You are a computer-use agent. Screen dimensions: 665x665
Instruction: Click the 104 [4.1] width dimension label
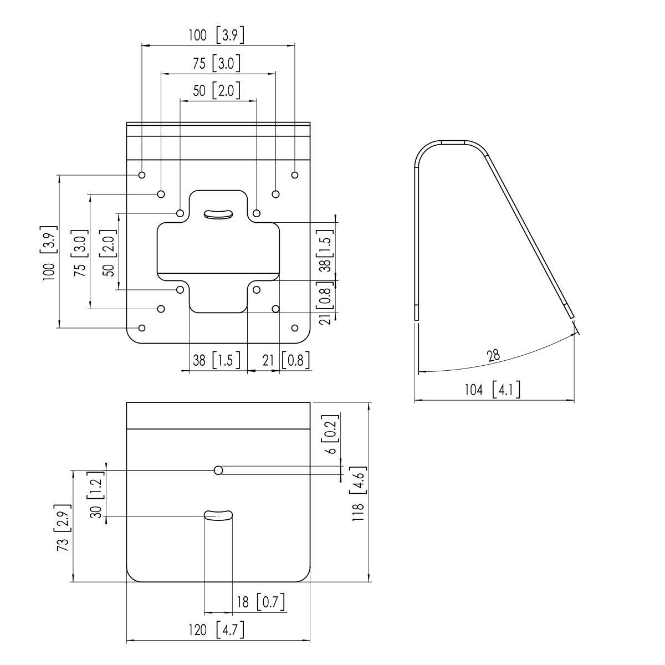coord(492,390)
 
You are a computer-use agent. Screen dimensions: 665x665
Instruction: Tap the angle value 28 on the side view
coord(493,356)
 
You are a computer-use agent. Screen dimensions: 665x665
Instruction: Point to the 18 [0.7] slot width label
coord(260,601)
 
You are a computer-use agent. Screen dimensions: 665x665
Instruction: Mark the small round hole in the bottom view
coord(218,470)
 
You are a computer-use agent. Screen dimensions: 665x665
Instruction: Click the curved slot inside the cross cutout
coord(218,214)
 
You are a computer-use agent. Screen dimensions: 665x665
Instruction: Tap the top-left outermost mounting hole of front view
coord(142,175)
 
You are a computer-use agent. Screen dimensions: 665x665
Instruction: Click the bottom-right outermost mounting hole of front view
coord(295,328)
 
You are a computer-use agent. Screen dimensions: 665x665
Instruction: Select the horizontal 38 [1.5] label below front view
coord(216,360)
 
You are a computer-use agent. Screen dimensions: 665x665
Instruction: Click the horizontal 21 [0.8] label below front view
coord(283,360)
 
